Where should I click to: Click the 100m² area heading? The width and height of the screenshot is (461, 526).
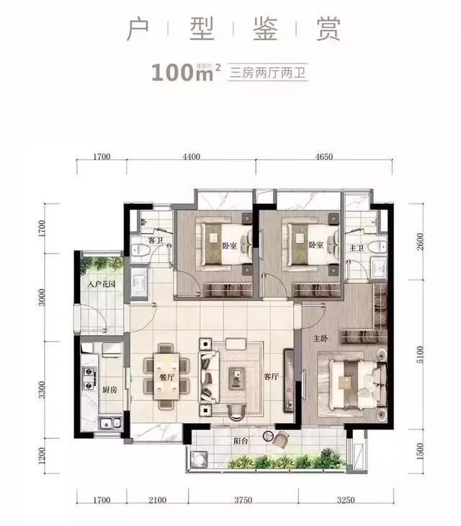tap(178, 72)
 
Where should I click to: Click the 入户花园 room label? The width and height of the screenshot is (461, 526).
tap(102, 285)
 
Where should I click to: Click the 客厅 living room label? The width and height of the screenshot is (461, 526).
tap(270, 375)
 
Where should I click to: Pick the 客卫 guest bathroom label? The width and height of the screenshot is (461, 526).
tap(153, 239)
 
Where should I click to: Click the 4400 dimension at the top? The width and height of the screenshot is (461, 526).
tap(190, 156)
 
